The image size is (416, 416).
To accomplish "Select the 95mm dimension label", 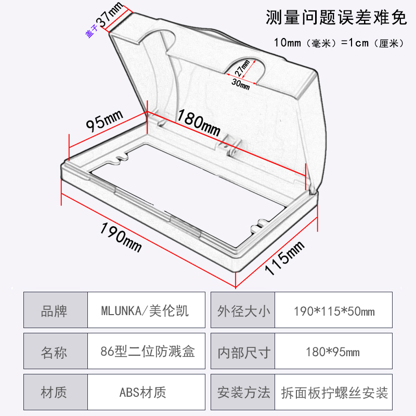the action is tap(104, 123).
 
